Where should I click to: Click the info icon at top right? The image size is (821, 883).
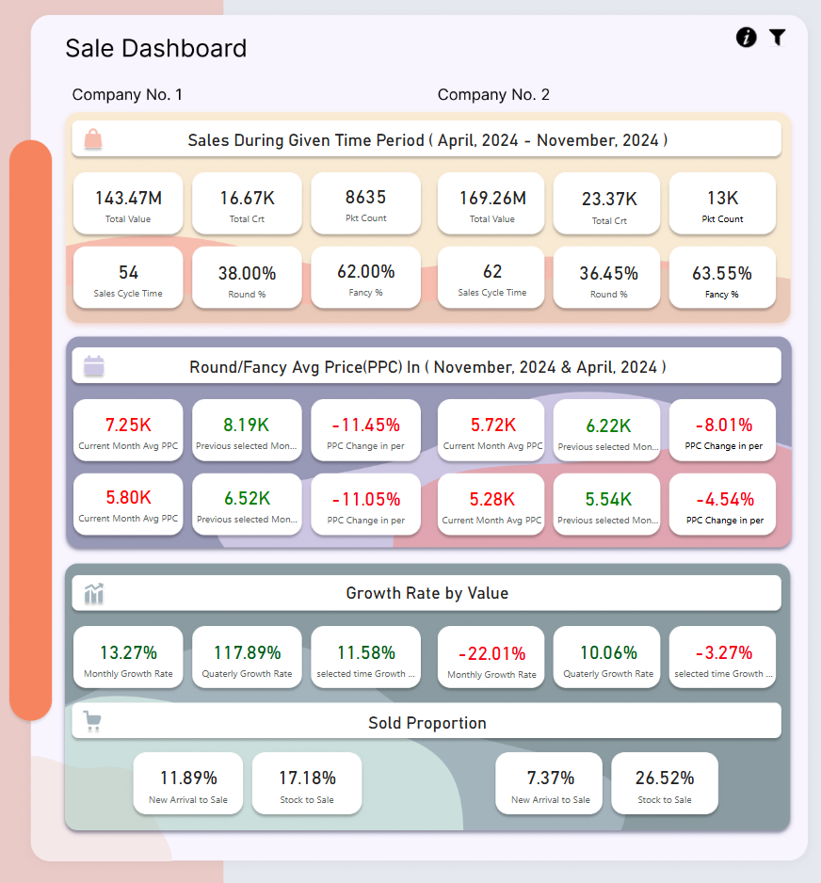(x=746, y=38)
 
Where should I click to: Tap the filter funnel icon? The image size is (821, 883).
(x=777, y=38)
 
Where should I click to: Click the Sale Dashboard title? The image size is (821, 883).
(x=156, y=48)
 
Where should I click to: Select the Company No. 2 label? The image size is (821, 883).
(x=493, y=94)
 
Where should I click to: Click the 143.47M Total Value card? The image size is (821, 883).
(x=128, y=203)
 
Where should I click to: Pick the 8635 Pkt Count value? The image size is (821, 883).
(x=365, y=198)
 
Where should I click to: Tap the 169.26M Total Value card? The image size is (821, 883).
(x=491, y=203)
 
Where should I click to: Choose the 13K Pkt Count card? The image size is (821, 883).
(x=722, y=203)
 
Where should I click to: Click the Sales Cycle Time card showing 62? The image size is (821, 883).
(x=491, y=278)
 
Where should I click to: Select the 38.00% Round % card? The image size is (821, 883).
(x=247, y=278)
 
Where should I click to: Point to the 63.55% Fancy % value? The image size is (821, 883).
(x=722, y=274)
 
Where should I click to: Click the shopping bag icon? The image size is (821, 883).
(x=93, y=139)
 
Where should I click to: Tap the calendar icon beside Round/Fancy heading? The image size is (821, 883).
(x=94, y=366)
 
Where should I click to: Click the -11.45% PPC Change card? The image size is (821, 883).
(x=365, y=430)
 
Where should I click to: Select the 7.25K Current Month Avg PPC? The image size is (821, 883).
(x=128, y=425)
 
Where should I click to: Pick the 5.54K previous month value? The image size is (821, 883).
(x=607, y=499)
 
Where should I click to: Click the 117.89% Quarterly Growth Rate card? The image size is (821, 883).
(x=247, y=657)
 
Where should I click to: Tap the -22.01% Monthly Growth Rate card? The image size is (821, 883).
(x=491, y=658)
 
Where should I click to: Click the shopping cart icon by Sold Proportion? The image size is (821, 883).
(x=92, y=722)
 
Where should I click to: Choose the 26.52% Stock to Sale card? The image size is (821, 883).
(x=665, y=783)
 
